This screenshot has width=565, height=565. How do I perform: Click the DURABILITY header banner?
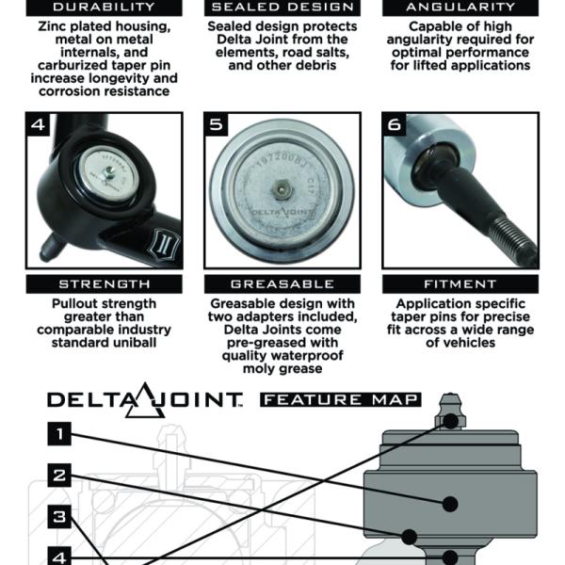pyautogui.click(x=105, y=8)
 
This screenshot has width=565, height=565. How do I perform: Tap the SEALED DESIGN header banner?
pyautogui.click(x=282, y=8)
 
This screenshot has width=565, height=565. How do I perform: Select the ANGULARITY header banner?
pyautogui.click(x=460, y=8)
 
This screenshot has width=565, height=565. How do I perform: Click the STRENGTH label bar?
pyautogui.click(x=105, y=284)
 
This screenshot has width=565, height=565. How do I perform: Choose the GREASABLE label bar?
pyautogui.click(x=282, y=284)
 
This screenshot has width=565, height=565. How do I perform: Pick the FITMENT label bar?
pyautogui.click(x=460, y=284)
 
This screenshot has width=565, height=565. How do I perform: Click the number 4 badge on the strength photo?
pyautogui.click(x=38, y=124)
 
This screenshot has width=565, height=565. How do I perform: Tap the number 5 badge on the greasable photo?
pyautogui.click(x=216, y=124)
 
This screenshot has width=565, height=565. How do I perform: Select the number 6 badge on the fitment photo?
pyautogui.click(x=395, y=124)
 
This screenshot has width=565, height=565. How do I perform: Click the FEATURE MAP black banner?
pyautogui.click(x=341, y=399)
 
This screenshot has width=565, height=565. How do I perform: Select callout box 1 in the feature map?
pyautogui.click(x=59, y=434)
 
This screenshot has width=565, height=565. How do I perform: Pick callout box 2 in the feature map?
pyautogui.click(x=59, y=476)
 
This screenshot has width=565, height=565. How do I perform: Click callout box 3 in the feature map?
pyautogui.click(x=59, y=517)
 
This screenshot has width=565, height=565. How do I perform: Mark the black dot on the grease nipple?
pyautogui.click(x=450, y=421)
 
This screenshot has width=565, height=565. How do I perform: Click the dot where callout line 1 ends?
pyautogui.click(x=450, y=504)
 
